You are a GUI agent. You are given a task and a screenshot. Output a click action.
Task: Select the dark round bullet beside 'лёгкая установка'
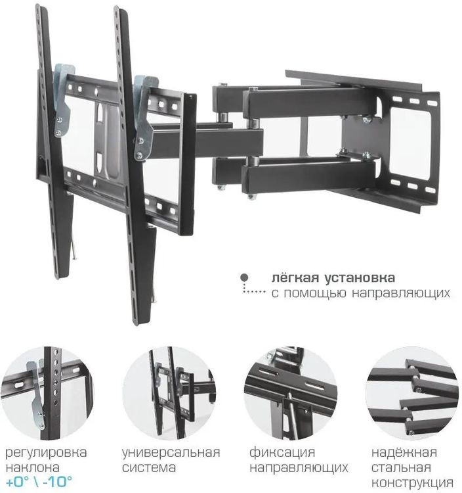click(x=245, y=278)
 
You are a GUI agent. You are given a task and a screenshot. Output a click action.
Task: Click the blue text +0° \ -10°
click(x=39, y=482)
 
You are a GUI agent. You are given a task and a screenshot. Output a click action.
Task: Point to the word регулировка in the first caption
click(x=46, y=453)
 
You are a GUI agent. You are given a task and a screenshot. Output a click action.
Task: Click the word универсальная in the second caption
click(x=171, y=453)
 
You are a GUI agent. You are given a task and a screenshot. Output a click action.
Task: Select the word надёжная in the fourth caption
click(x=401, y=453)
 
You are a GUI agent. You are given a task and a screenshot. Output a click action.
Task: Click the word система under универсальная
click(x=149, y=468)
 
